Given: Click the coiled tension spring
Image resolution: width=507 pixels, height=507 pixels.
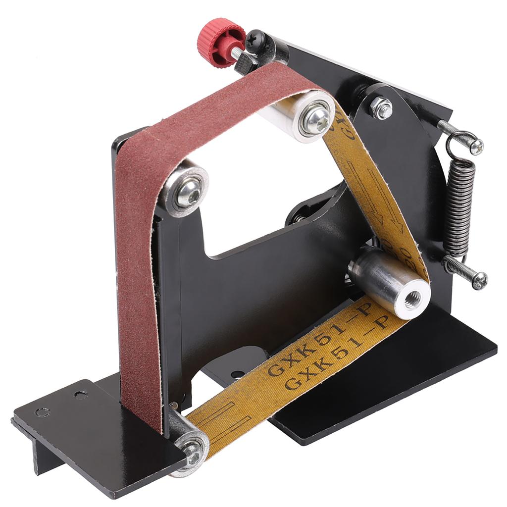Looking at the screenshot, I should (459, 208).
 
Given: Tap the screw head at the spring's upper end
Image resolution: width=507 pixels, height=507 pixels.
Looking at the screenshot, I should (476, 146).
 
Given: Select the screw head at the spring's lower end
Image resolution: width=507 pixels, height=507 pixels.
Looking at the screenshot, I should (479, 281).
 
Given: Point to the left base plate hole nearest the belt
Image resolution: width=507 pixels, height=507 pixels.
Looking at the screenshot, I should (80, 395).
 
